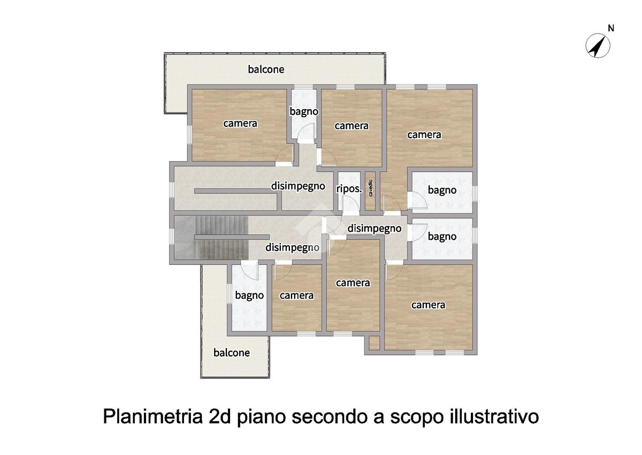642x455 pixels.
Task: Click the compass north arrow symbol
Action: [598, 46]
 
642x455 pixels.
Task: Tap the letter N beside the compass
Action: [611, 28]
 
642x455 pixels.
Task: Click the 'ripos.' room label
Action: [349, 189]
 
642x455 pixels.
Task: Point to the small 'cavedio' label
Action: [370, 188]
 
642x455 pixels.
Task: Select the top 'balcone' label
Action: [266, 69]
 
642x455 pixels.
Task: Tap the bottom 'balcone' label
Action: [232, 352]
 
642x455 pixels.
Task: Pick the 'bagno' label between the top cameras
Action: [304, 112]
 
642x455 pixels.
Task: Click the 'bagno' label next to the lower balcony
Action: [249, 295]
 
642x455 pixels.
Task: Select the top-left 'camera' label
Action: [240, 123]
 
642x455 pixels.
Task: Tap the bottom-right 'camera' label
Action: [428, 305]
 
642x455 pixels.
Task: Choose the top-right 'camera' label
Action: [424, 135]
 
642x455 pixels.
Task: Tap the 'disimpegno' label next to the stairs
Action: [292, 247]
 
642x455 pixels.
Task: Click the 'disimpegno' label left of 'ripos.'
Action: [298, 186]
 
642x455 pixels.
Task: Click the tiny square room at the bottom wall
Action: [374, 343]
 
